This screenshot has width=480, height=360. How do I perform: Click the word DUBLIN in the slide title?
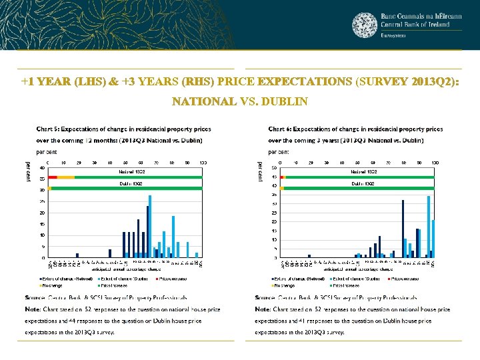pos(285,102)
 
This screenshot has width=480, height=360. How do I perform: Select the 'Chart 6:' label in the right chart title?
pos(280,129)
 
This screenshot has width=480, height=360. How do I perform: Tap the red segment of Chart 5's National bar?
pos(53,177)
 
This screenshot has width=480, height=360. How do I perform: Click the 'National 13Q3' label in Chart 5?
pos(132,171)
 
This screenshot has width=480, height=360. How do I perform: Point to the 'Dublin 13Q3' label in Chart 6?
pos(364,183)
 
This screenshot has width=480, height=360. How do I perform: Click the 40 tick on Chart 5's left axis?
pos(44,167)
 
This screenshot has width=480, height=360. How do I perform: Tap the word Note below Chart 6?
pos(263,309)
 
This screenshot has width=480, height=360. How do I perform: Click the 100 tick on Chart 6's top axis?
pos(434,161)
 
